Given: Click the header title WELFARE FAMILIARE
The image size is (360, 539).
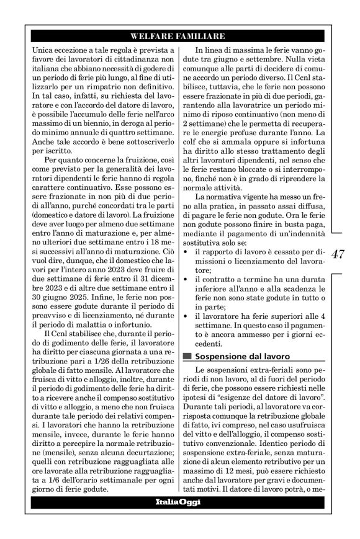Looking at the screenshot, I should (x=179, y=36).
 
